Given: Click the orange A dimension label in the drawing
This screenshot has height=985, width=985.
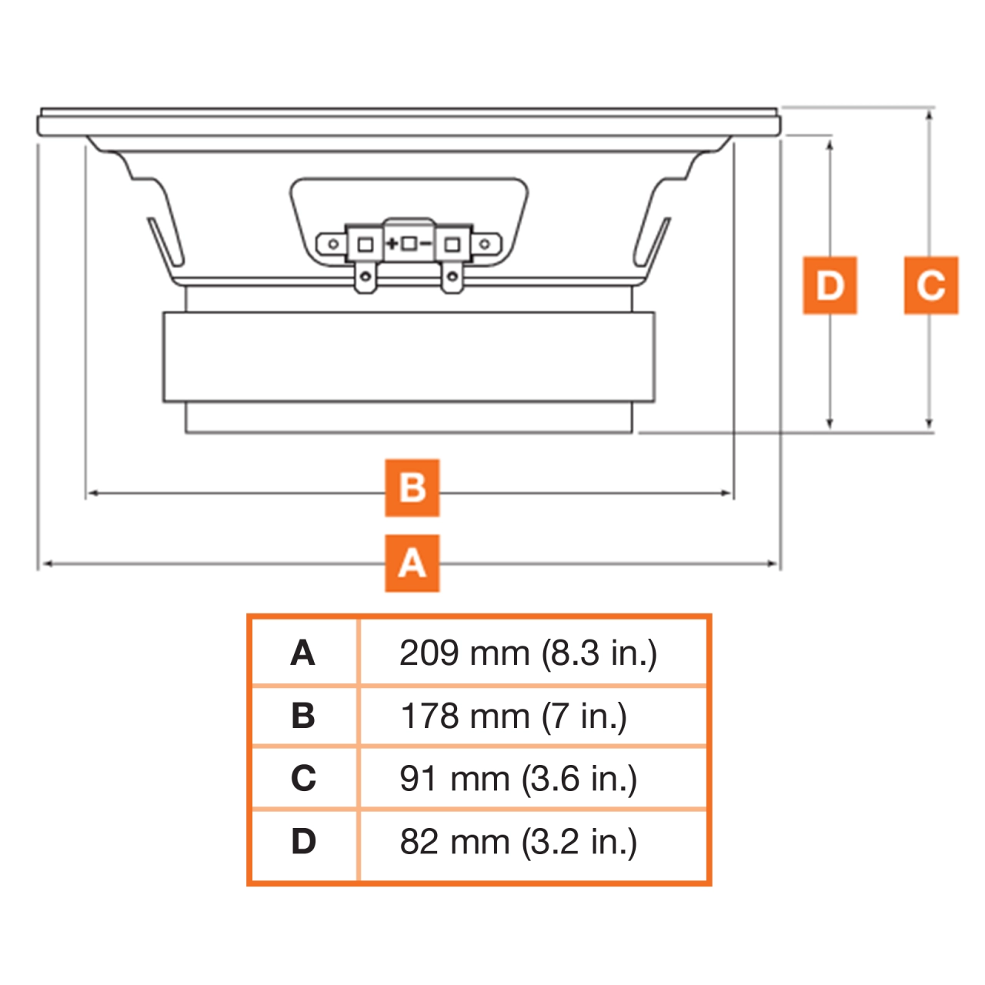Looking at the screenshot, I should (412, 563).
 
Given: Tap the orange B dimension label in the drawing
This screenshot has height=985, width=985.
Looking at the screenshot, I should (412, 488).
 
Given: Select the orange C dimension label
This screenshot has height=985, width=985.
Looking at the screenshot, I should (930, 285).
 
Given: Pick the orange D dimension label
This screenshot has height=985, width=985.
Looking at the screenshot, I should (830, 285).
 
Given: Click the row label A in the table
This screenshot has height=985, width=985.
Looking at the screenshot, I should (303, 653).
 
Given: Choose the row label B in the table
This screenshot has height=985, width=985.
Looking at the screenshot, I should (303, 716).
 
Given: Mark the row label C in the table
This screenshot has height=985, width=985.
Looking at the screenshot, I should (303, 779).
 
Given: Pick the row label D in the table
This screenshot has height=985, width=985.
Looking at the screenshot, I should (303, 842).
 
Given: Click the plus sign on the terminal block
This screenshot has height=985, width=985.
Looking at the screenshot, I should (392, 244).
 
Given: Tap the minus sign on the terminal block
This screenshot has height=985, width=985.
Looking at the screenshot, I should (426, 244).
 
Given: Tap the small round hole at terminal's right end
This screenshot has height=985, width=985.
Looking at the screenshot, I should (485, 245).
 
